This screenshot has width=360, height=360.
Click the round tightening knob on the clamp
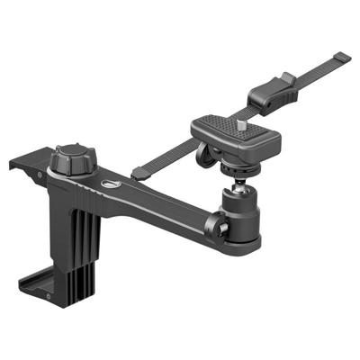pos(70,160)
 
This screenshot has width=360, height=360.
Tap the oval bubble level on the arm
pos(112,184)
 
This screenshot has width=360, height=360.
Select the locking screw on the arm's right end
pos(220,229)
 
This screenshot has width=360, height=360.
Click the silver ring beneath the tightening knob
pos(71,174)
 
